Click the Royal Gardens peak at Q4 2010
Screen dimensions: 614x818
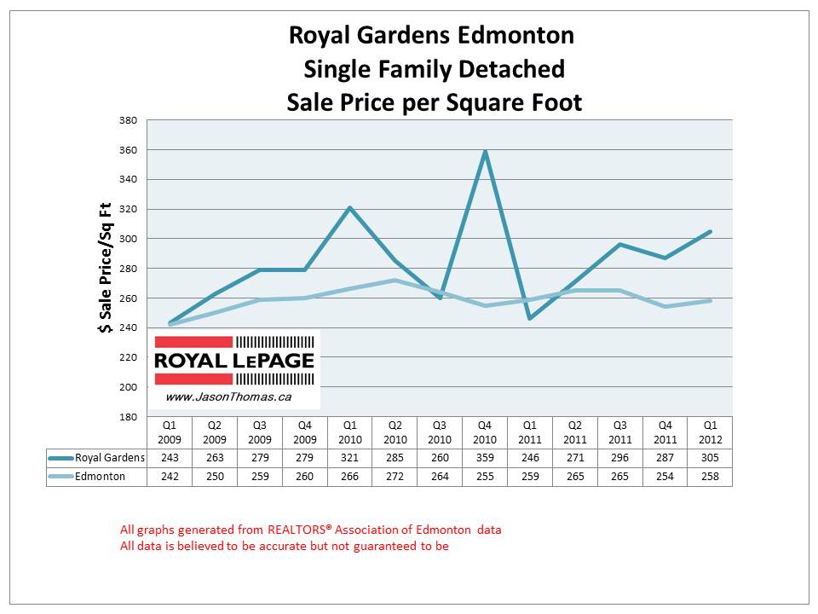[485, 152]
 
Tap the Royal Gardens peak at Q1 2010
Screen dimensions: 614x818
[350, 208]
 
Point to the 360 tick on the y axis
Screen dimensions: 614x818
[129, 150]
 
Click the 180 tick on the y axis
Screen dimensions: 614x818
[129, 417]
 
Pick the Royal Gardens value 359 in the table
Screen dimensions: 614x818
[485, 459]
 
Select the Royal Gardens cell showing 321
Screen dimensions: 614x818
[350, 459]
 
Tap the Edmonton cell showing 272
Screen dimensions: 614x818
[395, 477]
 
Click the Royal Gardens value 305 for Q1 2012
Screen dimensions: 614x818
[710, 459]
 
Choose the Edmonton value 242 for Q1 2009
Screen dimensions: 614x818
[170, 477]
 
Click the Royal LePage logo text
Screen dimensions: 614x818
[233, 361]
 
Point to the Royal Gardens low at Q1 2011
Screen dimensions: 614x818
[530, 319]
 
